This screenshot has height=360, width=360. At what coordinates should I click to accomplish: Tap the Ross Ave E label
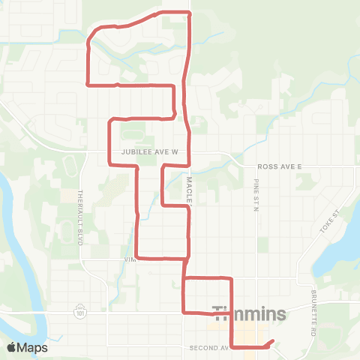tap(279, 164)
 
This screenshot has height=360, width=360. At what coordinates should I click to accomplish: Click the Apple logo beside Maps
tap(12, 347)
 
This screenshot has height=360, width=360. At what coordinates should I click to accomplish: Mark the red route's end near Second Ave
tap(271, 342)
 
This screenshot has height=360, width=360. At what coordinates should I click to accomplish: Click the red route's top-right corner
tap(189, 13)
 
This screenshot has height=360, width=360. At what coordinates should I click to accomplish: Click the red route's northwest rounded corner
tap(93, 35)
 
